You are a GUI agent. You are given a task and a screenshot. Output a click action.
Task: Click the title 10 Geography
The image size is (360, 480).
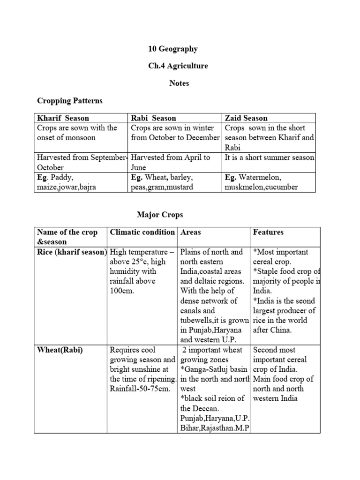point(173,49)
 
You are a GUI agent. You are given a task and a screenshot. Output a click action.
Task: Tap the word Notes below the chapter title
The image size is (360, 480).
point(180,83)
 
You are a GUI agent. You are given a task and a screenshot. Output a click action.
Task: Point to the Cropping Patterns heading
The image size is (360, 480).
point(70,101)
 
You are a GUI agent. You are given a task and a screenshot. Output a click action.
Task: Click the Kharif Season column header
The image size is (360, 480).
point(63,118)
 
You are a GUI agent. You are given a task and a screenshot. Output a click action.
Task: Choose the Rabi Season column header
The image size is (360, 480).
point(154,118)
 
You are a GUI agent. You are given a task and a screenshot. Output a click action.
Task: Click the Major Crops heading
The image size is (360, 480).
point(160,215)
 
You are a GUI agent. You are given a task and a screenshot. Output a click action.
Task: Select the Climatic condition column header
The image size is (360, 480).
point(142,232)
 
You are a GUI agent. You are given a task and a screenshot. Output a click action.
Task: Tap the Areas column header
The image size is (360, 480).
point(191,232)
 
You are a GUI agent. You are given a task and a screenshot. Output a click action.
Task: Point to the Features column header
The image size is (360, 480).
point(268,232)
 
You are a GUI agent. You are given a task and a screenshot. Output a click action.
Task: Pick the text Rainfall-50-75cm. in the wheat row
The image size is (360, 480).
point(139,389)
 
